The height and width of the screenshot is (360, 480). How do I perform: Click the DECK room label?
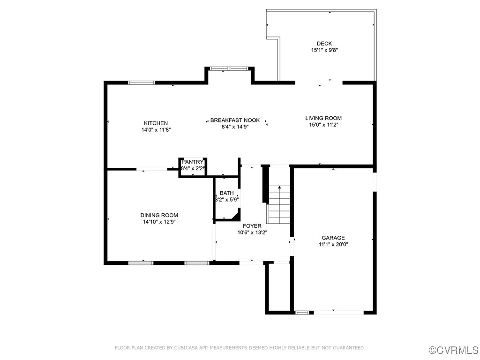(x=324, y=44)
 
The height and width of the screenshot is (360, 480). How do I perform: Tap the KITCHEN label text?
(x=156, y=123)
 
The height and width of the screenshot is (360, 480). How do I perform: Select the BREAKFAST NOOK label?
(x=235, y=120)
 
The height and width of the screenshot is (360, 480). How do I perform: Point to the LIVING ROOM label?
(x=323, y=118)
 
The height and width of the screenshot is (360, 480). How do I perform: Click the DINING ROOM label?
(x=159, y=215)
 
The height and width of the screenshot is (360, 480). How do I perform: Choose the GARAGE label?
(x=333, y=238)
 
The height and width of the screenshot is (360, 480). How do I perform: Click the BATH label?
(x=227, y=193)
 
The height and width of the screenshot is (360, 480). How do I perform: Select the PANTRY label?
(x=193, y=162)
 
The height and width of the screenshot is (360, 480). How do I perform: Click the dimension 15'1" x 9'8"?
(x=324, y=50)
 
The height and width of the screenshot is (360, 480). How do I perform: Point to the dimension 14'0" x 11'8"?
(x=156, y=130)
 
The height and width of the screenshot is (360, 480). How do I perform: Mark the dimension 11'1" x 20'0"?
(x=333, y=244)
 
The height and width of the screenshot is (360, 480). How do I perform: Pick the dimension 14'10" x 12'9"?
(x=159, y=222)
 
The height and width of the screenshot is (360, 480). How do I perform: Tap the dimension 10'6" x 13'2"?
(x=252, y=232)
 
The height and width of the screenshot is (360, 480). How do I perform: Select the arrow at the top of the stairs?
(x=279, y=188)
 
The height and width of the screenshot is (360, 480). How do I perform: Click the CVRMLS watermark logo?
(x=454, y=350)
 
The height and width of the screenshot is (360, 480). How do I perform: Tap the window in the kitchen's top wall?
(x=142, y=83)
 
